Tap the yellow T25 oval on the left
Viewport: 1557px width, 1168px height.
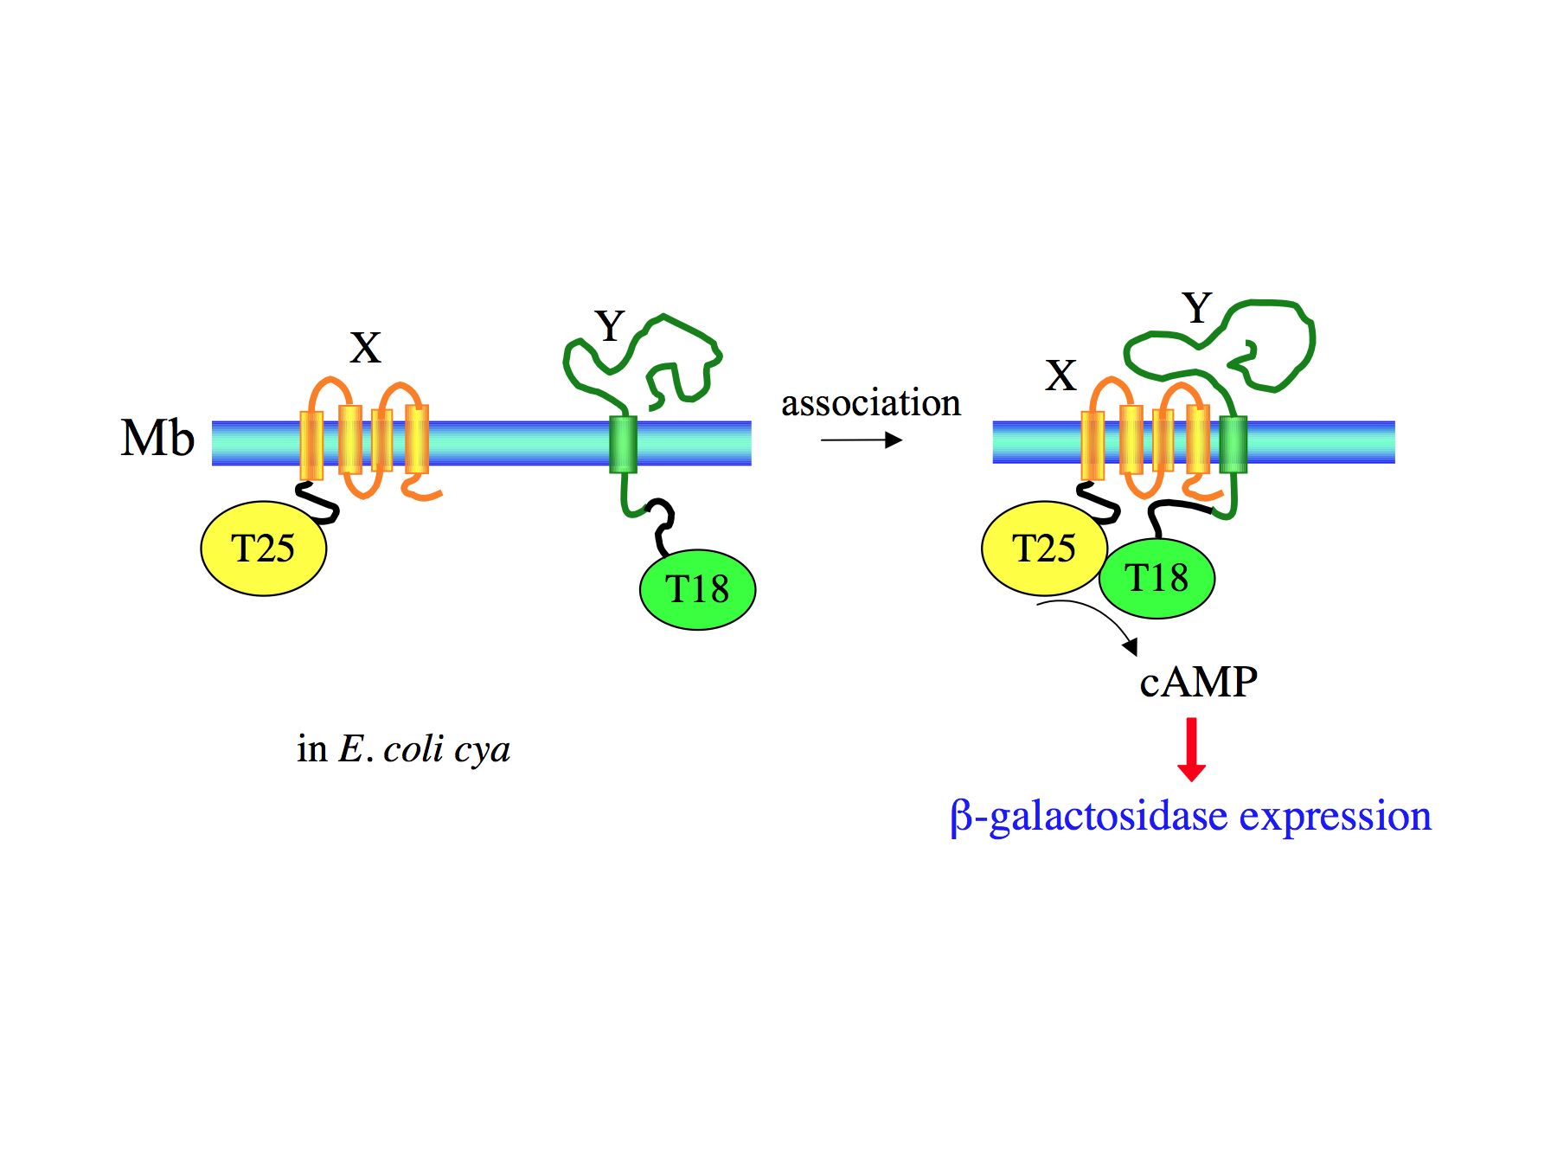263,549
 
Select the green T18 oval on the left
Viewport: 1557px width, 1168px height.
697,589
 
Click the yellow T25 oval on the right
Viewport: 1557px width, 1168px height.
1044,549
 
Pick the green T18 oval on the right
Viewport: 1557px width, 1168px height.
1157,578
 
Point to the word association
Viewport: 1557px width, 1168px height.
870,403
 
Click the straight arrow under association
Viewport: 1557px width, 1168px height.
861,440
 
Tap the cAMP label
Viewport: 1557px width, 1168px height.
1198,682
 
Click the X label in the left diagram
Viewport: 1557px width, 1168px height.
365,348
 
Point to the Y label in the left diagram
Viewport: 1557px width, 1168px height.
610,326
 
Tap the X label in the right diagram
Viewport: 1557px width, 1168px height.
1060,375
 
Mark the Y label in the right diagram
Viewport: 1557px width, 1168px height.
1197,308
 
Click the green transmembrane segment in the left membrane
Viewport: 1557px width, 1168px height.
623,444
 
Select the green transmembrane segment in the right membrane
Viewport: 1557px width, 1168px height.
1233,444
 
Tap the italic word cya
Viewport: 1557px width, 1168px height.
482,749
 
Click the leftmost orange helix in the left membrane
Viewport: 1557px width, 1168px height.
311,445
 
